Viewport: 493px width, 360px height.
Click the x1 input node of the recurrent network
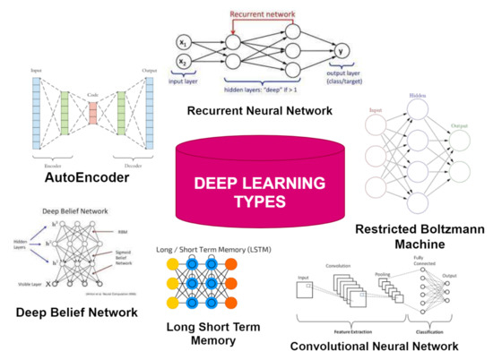[183, 41]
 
